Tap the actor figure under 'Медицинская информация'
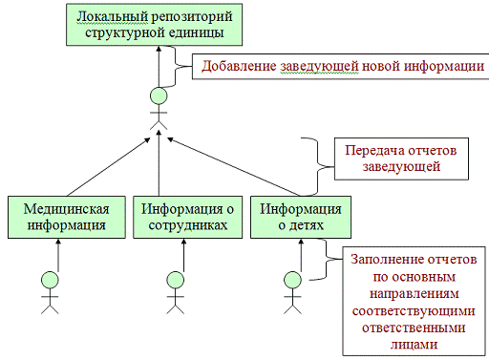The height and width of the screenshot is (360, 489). [50, 290]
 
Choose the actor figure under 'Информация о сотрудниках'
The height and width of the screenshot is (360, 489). [176, 290]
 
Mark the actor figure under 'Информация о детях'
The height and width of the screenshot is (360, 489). [294, 290]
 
